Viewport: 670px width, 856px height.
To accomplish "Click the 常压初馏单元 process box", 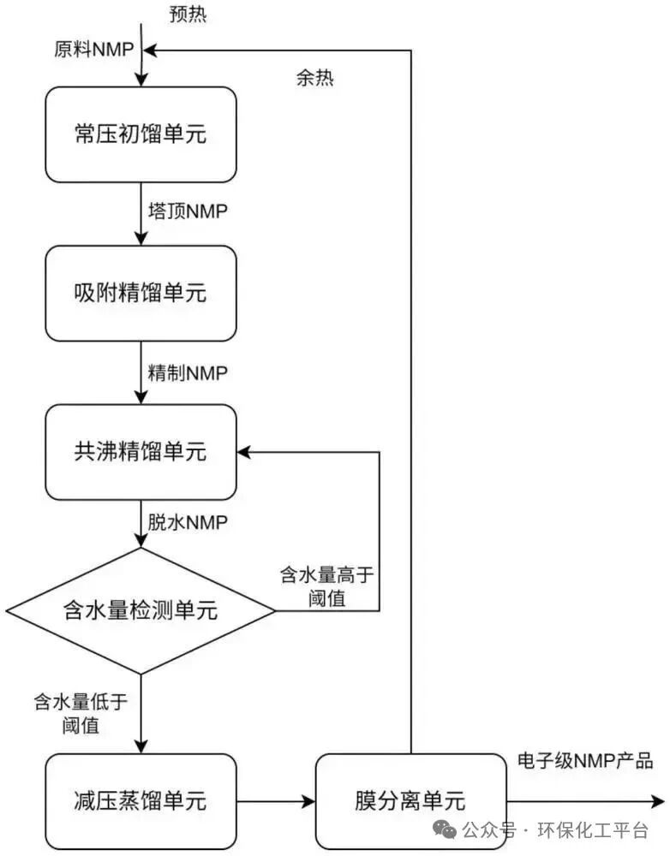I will [x=141, y=134].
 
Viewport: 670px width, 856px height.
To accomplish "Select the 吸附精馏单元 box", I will [x=141, y=293].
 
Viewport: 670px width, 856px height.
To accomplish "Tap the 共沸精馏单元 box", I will [x=141, y=452].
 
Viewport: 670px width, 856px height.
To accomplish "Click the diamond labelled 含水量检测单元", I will [x=141, y=610].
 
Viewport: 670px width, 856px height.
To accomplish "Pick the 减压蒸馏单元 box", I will [x=141, y=801].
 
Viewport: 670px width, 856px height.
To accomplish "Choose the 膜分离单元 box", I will [x=410, y=801].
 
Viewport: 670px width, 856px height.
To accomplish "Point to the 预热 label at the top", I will [x=188, y=15].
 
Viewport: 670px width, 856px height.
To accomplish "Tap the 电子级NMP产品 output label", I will [x=586, y=761].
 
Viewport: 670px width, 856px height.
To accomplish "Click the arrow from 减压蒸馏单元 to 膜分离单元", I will [x=275, y=802].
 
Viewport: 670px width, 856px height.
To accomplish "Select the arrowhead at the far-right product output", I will [x=658, y=802].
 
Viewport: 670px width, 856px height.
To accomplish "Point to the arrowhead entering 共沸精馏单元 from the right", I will [x=245, y=452].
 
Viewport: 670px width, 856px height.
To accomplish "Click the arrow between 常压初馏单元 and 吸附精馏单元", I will [x=141, y=214].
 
